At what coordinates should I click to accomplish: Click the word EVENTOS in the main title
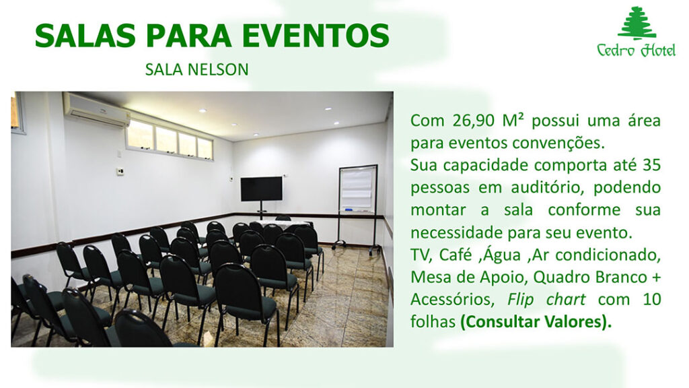(316, 36)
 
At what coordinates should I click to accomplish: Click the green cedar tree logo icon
(637, 23)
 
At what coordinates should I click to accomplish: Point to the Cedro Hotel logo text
(637, 50)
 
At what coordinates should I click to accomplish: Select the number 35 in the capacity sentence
(651, 165)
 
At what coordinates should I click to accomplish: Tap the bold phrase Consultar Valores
(536, 321)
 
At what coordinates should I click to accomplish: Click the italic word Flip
(521, 299)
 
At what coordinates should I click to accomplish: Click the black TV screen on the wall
(262, 189)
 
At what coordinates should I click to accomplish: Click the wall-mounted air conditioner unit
(96, 110)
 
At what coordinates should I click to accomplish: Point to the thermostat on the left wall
(120, 172)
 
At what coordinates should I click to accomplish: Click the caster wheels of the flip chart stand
(356, 249)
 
